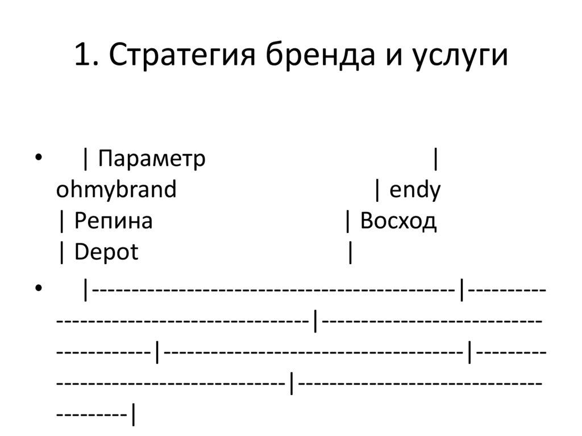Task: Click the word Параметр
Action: pos(151,159)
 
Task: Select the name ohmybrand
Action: pos(116,190)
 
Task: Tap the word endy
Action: pos(415,190)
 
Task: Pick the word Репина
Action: pos(113,221)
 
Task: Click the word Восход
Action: pos(398,221)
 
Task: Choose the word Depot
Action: pos(106,252)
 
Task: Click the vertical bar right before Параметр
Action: pos(85,159)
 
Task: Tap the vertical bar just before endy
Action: pos(377,190)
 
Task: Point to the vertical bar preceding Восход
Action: pos(348,221)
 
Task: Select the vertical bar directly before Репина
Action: pos(61,221)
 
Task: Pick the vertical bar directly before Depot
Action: pos(61,252)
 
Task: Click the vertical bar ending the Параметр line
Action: pos(435,159)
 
